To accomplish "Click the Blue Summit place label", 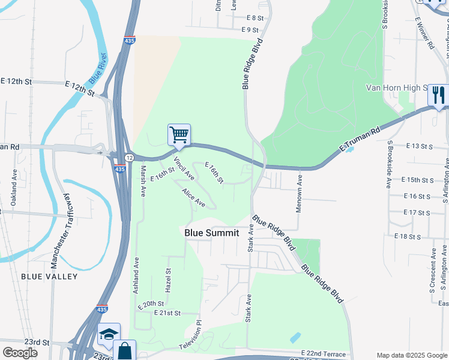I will coord(211,233).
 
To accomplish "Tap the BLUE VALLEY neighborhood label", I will coord(49,277).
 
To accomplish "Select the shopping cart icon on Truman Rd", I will coord(179,135).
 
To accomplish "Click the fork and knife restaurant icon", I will coord(438,95).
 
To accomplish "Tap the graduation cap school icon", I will coord(109,334).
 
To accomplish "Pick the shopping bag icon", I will coord(124,350).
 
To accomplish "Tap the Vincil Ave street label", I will coord(184,169).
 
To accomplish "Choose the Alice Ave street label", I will coord(194,199).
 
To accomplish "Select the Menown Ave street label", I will coord(300,192).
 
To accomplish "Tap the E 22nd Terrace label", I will coord(324,355).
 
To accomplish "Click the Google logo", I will coord(20,353).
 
